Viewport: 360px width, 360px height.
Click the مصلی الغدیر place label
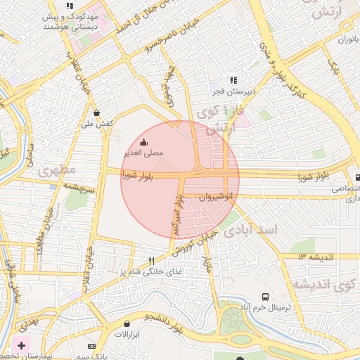pos(144,152)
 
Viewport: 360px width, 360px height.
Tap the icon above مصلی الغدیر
pos(144,141)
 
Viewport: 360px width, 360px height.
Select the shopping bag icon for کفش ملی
pos(96,112)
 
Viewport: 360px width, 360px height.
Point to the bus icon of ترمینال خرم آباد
pos(265,297)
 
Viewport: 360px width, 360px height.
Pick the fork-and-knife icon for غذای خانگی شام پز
pos(151,261)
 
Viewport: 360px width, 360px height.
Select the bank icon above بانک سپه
pos(91,346)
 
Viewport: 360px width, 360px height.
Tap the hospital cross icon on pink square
pos(21,345)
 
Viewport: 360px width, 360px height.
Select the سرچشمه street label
pos(78,186)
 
